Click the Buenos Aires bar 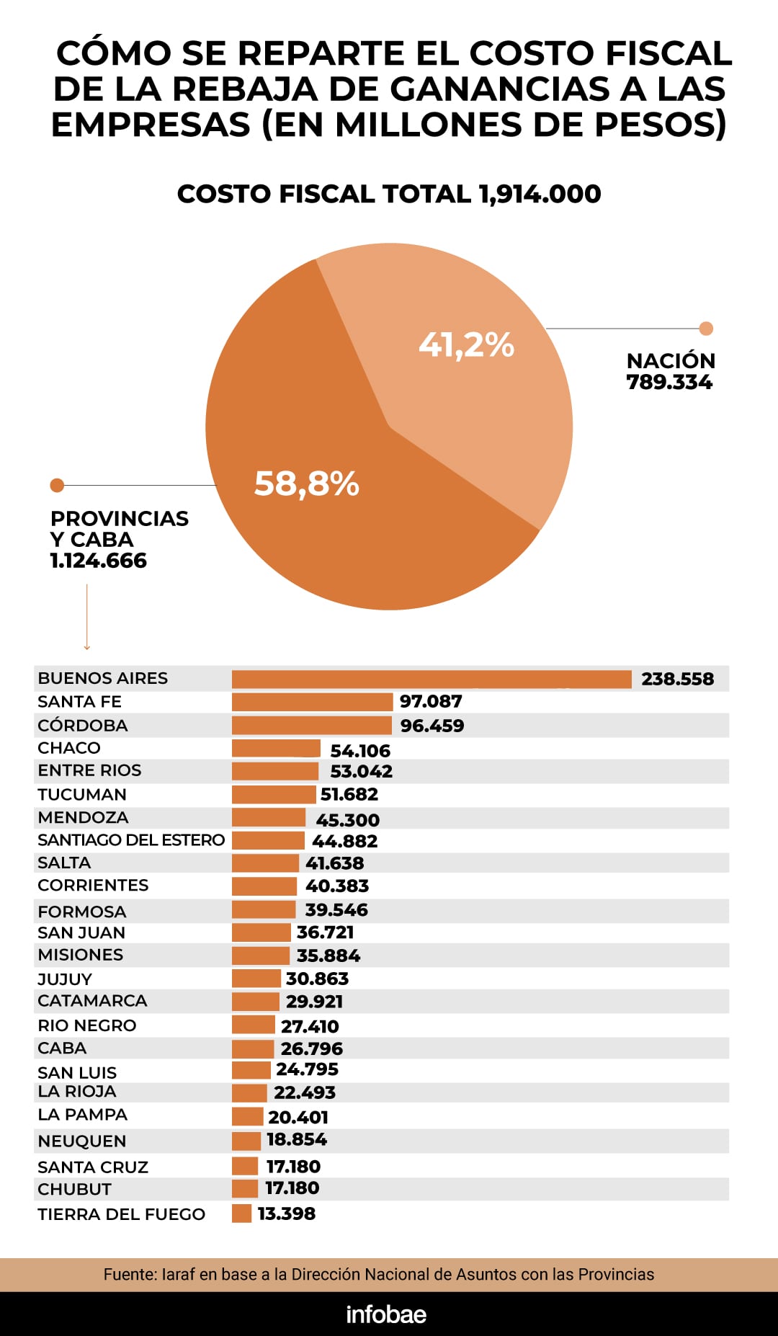(x=431, y=679)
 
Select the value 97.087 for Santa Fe (x=431, y=701)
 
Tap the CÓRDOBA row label (x=82, y=726)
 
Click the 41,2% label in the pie (x=466, y=344)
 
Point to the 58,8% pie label (x=306, y=484)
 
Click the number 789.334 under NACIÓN (x=669, y=383)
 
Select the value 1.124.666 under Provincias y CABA (x=98, y=561)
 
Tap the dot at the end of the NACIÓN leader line (x=706, y=329)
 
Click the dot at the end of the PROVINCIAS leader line (x=57, y=485)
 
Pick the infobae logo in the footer (x=386, y=1314)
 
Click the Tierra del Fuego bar (x=241, y=1213)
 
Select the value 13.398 (x=286, y=1214)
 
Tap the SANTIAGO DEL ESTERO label (x=131, y=840)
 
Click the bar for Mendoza (x=269, y=818)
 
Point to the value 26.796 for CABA (x=311, y=1048)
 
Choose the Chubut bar (x=245, y=1188)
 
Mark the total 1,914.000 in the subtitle (x=540, y=194)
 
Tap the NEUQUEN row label (x=81, y=1141)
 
